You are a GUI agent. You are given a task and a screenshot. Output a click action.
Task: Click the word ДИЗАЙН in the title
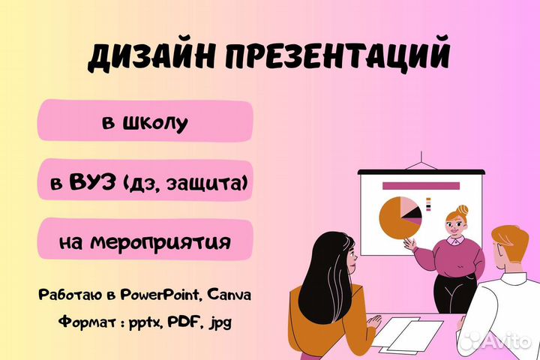[x=145, y=58]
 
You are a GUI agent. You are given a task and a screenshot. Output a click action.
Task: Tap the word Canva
[x=229, y=295]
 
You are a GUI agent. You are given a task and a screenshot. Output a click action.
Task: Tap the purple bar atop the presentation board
[x=420, y=185]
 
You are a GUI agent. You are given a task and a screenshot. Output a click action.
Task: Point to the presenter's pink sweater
[x=454, y=255]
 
